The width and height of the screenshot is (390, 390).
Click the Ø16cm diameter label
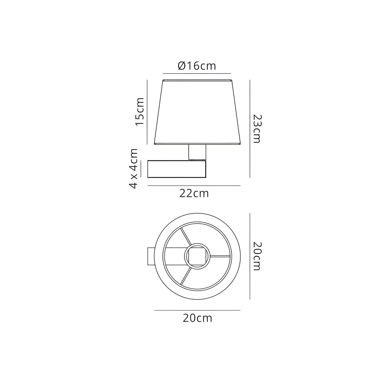point(197,66)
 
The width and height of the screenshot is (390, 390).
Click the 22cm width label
point(194,193)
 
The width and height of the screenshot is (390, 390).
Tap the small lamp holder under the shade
point(197,152)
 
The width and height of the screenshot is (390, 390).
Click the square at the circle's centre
point(197,256)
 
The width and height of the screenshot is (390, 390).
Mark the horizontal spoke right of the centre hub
point(220,256)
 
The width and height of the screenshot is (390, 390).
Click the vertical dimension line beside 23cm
point(250,129)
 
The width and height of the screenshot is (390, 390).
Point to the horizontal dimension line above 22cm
point(194,186)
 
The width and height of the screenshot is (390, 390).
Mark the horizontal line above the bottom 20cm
point(197,310)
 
